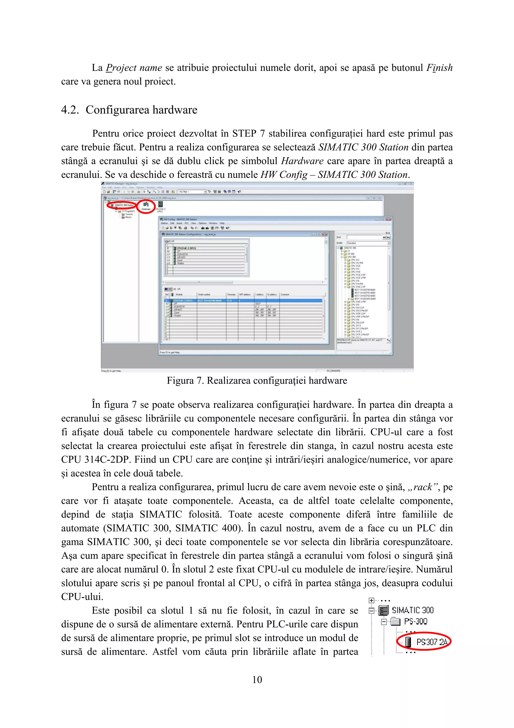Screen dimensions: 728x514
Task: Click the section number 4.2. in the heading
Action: [70, 110]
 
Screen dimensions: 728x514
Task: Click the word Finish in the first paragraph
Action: [439, 68]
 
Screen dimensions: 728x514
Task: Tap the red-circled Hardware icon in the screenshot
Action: [146, 206]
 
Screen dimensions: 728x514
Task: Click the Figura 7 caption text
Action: [257, 380]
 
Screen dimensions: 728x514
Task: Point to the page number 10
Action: [257, 680]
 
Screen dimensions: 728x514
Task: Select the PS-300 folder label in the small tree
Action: [416, 621]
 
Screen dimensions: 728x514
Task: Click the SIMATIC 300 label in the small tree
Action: [413, 610]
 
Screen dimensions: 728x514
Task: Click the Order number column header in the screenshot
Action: [204, 295]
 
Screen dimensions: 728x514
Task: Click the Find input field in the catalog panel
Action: [364, 237]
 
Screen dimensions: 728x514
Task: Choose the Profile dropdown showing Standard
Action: [368, 243]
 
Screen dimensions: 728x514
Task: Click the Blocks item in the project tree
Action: [128, 217]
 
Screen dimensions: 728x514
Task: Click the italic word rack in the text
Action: [422, 487]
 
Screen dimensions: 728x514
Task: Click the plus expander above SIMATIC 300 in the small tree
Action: [371, 600]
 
